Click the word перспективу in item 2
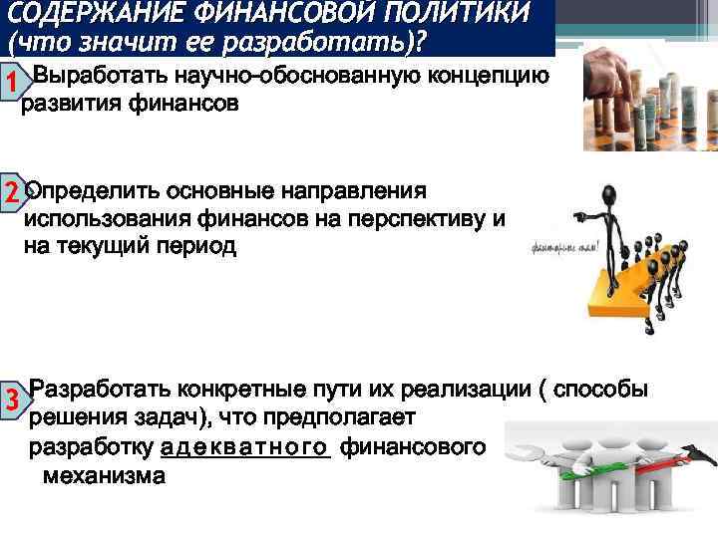point(424,218)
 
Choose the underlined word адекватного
point(244,448)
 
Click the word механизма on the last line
point(104,476)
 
